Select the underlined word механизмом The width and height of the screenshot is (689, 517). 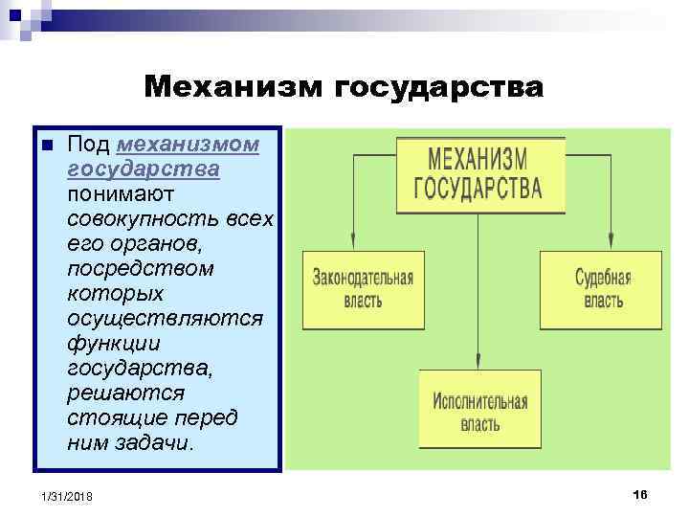[x=187, y=145]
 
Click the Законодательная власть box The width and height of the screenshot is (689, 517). [x=363, y=290]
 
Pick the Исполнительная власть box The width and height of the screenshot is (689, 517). [x=479, y=409]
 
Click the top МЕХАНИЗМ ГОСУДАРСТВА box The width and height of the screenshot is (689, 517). [x=479, y=173]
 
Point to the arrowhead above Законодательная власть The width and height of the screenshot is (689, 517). [x=353, y=245]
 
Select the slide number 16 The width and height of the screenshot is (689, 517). [x=640, y=493]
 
